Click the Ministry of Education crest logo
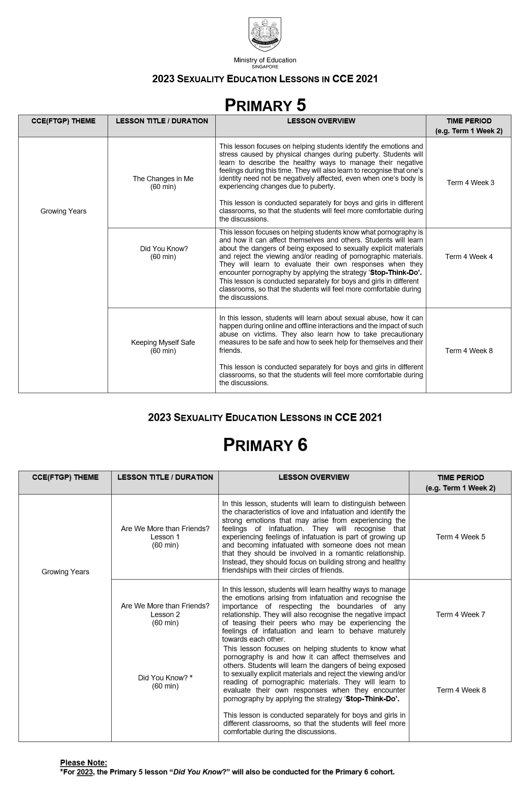pos(265,34)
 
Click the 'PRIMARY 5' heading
pos(265,105)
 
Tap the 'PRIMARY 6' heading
pos(265,445)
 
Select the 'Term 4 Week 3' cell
pos(470,183)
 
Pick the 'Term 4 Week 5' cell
pos(460,537)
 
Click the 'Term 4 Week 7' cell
pos(460,614)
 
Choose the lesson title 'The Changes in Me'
pos(163,179)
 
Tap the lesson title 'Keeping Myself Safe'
pos(163,343)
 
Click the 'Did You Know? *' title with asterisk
pos(165,677)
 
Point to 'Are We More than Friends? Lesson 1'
pos(165,532)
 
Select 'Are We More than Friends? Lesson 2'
pos(165,610)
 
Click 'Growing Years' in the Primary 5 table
pos(63,211)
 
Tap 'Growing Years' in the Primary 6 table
pos(65,571)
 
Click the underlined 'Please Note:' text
pos(84,763)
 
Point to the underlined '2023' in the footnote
pos(85,772)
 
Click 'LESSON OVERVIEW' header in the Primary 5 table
pos(321,121)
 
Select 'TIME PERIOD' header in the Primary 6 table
pos(460,478)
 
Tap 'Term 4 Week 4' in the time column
pos(469,257)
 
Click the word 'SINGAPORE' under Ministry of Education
pos(265,67)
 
